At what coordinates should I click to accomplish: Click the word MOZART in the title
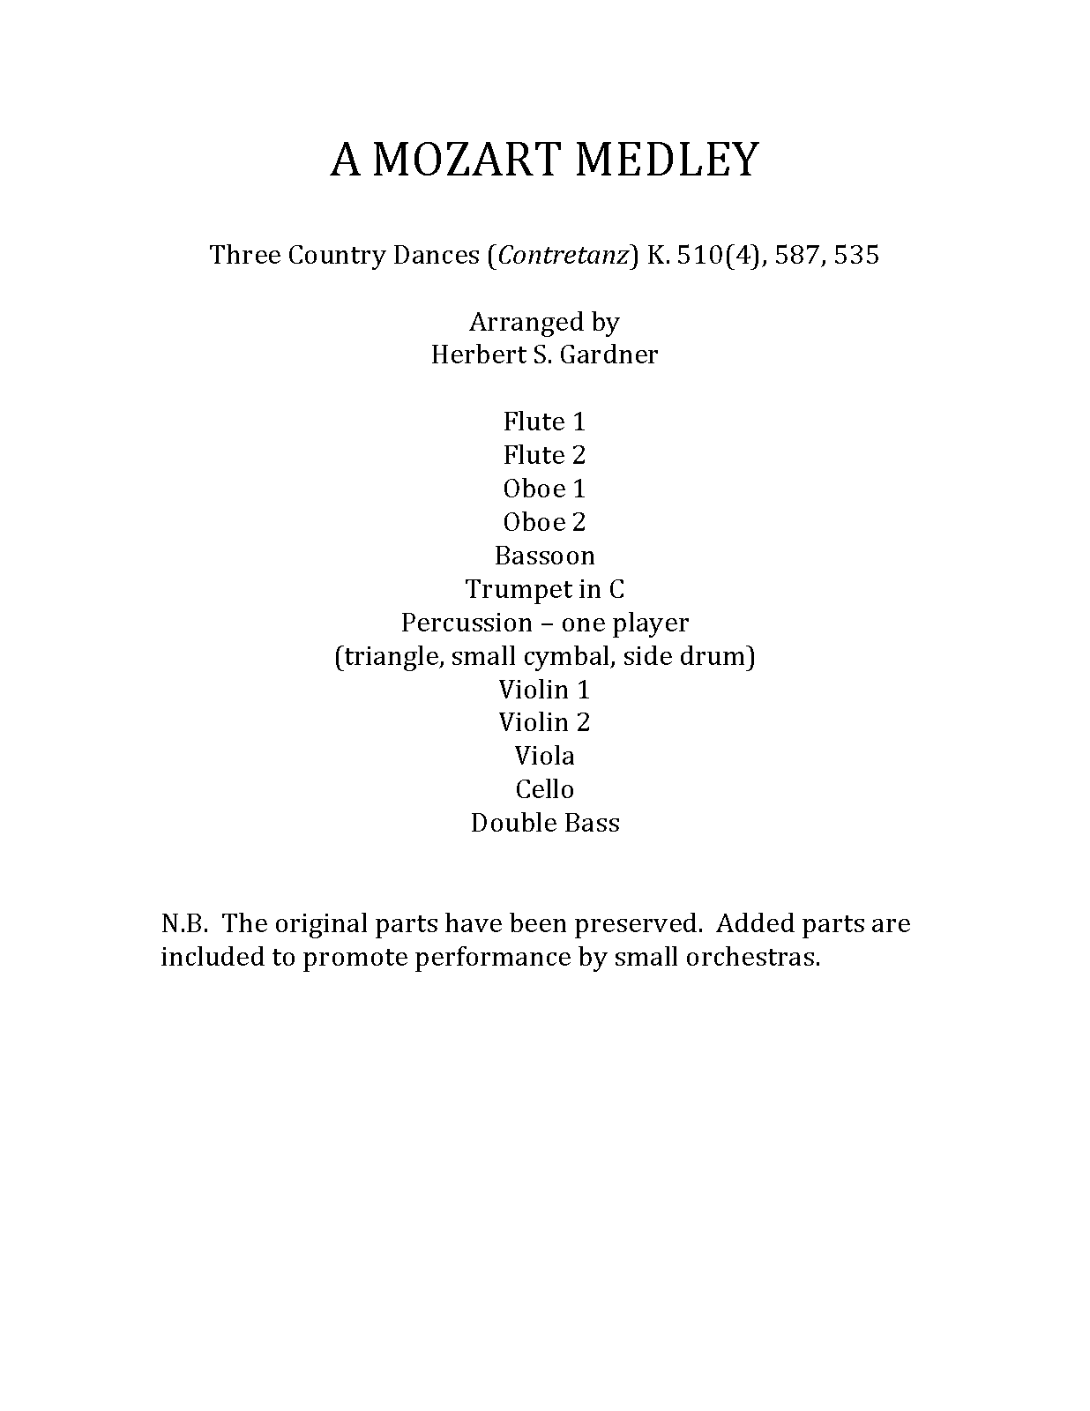tap(467, 161)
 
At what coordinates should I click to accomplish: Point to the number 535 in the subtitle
tap(856, 256)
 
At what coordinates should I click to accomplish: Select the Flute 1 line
tap(544, 422)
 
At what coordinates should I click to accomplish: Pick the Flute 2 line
tap(544, 455)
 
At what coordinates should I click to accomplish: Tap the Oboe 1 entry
tap(544, 489)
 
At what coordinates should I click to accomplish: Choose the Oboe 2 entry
tap(544, 522)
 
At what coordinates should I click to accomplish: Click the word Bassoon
tap(544, 556)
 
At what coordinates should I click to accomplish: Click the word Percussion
tap(467, 623)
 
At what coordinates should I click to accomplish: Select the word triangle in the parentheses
tap(389, 657)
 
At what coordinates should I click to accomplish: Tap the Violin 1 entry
tap(544, 690)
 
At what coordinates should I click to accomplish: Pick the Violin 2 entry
tap(544, 723)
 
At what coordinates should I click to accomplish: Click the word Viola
tap(544, 756)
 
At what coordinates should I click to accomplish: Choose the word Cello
tap(544, 789)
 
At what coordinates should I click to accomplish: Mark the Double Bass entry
tap(544, 823)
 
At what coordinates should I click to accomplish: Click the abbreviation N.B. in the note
tap(183, 923)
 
